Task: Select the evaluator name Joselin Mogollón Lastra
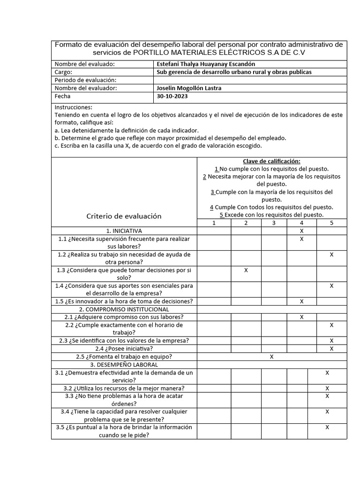[x=188, y=88]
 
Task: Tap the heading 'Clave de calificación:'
[x=272, y=161]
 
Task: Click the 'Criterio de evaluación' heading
[x=124, y=216]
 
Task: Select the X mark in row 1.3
[x=246, y=270]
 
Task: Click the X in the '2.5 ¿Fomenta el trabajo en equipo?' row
[x=272, y=357]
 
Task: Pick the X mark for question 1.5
[x=301, y=301]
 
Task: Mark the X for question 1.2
[x=332, y=255]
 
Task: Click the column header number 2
[x=246, y=223]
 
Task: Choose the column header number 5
[x=332, y=223]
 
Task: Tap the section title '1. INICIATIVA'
[x=124, y=231]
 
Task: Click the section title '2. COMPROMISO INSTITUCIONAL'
[x=124, y=309]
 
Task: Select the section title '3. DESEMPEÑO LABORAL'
[x=124, y=365]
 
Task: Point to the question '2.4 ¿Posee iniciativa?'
[x=124, y=349]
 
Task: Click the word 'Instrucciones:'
[x=74, y=107]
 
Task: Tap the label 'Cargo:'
[x=63, y=72]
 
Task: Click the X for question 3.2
[x=327, y=388]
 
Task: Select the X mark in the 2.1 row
[x=301, y=317]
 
